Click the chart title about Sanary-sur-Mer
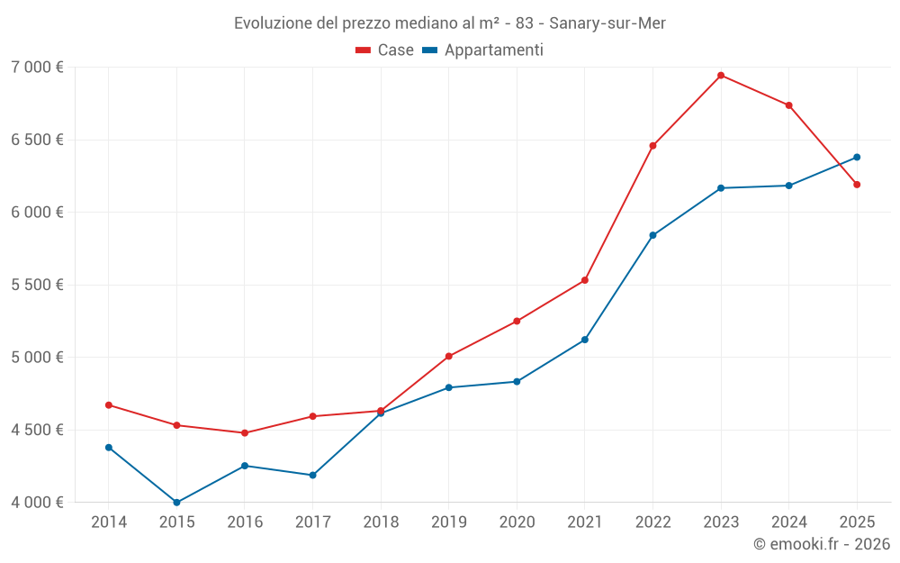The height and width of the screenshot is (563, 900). (449, 23)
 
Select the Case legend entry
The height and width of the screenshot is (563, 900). (385, 50)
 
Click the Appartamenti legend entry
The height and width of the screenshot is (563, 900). (483, 50)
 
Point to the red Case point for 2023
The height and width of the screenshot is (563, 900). (721, 76)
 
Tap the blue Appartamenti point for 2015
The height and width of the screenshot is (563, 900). (176, 503)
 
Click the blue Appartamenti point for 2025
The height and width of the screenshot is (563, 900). (857, 158)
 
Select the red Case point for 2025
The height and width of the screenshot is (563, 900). (857, 185)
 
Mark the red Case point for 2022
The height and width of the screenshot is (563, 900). (652, 146)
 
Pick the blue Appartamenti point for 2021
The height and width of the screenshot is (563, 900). (585, 340)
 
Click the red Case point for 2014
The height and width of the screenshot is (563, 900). (109, 405)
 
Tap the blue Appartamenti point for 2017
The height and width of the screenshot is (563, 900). (312, 476)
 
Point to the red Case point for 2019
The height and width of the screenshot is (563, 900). (449, 357)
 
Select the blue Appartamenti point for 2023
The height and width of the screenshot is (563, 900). (721, 188)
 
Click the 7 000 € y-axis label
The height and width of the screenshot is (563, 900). (37, 68)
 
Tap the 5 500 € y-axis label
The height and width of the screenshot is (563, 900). (37, 285)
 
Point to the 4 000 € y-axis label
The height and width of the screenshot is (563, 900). (37, 503)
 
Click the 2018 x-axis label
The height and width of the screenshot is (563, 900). (381, 522)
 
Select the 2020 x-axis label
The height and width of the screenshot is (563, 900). (517, 522)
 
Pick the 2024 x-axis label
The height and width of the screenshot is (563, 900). (788, 522)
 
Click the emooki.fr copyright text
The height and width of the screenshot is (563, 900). (821, 544)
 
